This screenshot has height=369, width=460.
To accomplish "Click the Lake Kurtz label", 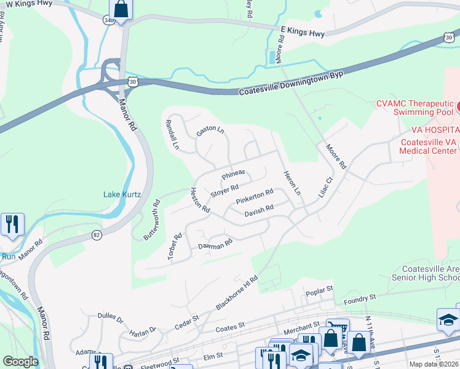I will (122, 195).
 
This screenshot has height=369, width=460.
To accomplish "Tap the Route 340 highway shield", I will (108, 20).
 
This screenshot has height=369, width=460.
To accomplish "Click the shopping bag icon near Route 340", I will (121, 10).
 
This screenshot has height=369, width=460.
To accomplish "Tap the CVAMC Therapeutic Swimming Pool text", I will (414, 108).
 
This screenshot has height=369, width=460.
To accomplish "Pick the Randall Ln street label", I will (172, 135).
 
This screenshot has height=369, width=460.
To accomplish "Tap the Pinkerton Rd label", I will (254, 197).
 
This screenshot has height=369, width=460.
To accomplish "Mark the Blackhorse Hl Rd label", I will (237, 292).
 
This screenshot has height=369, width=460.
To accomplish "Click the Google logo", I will (20, 362).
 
